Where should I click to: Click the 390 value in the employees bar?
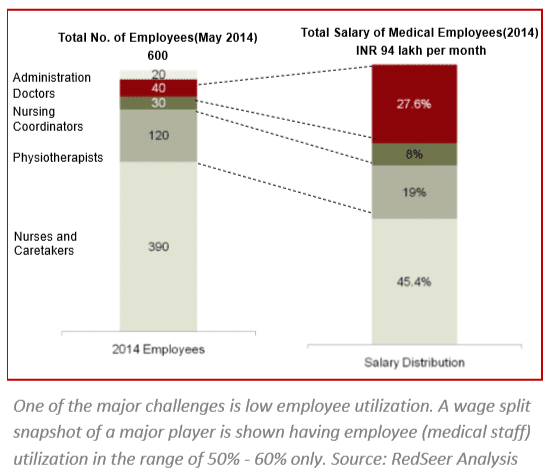(x=158, y=247)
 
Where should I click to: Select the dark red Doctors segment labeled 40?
(x=158, y=88)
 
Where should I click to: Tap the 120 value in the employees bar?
(x=158, y=135)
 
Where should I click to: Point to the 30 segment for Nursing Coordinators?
(x=158, y=103)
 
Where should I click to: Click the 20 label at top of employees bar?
(x=158, y=74)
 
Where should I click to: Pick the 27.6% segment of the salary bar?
(x=414, y=104)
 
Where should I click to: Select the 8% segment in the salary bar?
(x=414, y=154)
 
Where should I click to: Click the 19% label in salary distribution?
(x=414, y=192)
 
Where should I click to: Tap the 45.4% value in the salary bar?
(x=414, y=281)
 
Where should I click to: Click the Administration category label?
(x=52, y=77)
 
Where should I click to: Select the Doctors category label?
(x=34, y=93)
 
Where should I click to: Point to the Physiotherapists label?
(x=58, y=158)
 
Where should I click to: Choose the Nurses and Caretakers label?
(x=45, y=243)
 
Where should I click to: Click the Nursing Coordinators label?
(x=48, y=119)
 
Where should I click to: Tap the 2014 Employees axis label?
(x=158, y=350)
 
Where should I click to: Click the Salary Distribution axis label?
(x=414, y=362)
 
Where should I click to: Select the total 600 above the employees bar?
(x=158, y=56)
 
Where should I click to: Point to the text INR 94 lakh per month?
(x=421, y=51)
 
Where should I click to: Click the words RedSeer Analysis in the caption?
(x=454, y=459)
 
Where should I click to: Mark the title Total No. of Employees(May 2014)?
(x=158, y=38)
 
